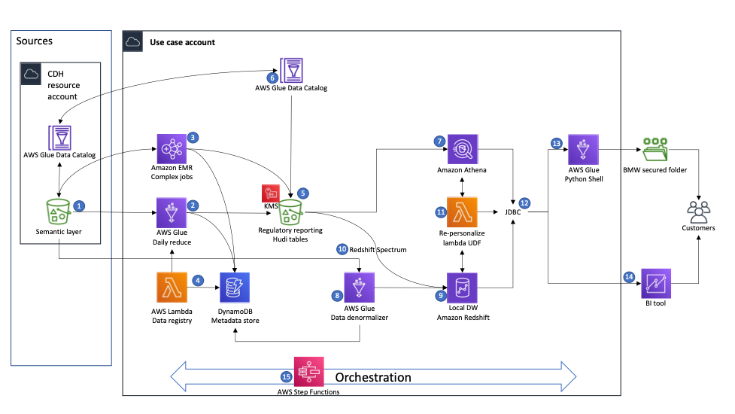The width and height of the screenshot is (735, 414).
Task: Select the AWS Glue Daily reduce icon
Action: (171, 213)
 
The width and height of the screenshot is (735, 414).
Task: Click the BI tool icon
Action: (654, 282)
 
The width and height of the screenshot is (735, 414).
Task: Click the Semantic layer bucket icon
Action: (59, 213)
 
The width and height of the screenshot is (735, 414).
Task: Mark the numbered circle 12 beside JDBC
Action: (525, 202)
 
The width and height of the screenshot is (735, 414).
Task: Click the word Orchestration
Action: (373, 377)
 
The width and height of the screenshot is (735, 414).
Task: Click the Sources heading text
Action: (35, 41)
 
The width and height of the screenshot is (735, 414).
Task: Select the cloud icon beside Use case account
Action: (133, 42)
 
